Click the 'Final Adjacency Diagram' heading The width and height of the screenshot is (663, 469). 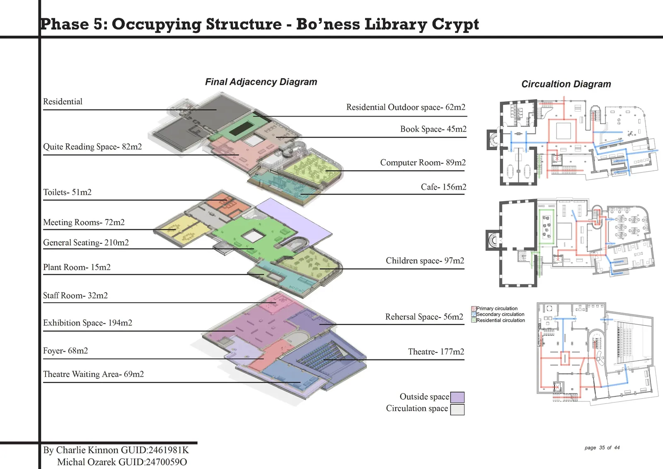coord(261,82)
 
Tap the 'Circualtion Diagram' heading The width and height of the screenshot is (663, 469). coord(566,84)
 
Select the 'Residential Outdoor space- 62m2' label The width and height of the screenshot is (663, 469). coord(406,107)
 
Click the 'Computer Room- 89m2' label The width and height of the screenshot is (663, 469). coord(423,163)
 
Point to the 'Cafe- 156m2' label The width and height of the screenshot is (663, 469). coord(443,187)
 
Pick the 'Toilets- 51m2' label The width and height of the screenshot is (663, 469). coord(67,192)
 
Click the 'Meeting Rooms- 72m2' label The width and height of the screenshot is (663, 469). coord(84,222)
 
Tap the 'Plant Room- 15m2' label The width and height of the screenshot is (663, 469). coord(77,267)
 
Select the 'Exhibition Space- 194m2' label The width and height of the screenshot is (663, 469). coord(87,323)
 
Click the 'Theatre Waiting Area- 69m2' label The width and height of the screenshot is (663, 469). coord(93,374)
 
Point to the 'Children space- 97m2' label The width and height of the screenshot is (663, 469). coord(425,260)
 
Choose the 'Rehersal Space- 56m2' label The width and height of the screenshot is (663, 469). coord(424,317)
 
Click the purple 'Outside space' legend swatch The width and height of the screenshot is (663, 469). coord(457,397)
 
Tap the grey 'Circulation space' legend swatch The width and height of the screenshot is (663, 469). coord(457,410)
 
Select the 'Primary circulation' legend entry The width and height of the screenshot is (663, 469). coord(494,309)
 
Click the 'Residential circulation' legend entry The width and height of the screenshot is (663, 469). coord(498,320)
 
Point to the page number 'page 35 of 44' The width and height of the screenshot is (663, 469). coord(602,448)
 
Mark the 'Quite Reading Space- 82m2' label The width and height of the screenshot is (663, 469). coord(92,147)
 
